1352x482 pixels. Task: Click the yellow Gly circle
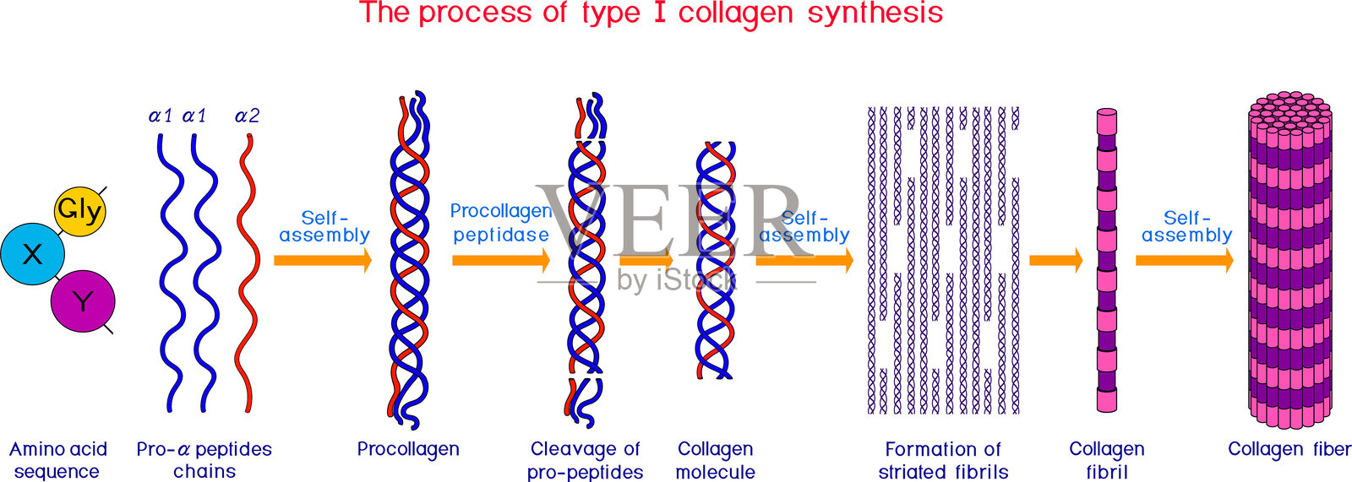pos(79,210)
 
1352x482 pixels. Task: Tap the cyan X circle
pos(33,253)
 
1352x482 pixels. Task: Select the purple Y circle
pos(82,301)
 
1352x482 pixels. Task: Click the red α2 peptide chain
pos(247,270)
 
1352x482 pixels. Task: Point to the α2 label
pos(247,116)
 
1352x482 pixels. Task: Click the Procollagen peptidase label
pos(501,223)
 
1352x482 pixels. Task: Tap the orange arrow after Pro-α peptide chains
pos(322,260)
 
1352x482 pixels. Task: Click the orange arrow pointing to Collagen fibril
pos(1055,260)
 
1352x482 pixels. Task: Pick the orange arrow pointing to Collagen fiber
pos(1183,260)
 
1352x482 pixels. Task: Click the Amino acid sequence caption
pos(57,460)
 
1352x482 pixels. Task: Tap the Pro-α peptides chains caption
pos(204,460)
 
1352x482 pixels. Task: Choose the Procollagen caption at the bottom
pos(408,449)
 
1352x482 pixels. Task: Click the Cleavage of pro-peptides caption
pos(585,460)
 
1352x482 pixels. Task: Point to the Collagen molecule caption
pos(715,460)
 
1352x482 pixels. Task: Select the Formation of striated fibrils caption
pos(943,460)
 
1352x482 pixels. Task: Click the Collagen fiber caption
pos(1289,449)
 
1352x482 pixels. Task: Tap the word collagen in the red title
pos(734,14)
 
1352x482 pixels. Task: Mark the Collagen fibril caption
pos(1107,460)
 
